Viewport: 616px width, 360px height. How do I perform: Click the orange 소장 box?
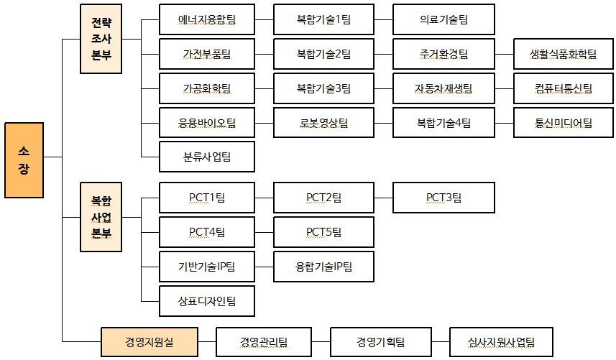[24, 160]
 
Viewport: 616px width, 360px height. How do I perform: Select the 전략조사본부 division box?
[101, 40]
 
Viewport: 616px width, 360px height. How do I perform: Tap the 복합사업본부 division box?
[101, 217]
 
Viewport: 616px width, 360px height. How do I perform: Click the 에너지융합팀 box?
[207, 19]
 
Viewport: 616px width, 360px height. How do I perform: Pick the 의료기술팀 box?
[443, 19]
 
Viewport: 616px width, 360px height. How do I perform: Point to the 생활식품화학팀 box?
[564, 54]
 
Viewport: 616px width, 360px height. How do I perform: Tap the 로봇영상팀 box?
[323, 123]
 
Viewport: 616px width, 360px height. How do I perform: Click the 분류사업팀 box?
[207, 157]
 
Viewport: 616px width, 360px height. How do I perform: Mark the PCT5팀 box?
[323, 232]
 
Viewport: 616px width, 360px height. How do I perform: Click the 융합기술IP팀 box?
[323, 267]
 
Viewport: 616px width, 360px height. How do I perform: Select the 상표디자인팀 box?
[207, 301]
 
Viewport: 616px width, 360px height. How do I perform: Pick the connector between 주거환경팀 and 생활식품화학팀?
[505, 54]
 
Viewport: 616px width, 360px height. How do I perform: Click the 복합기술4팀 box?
[443, 123]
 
